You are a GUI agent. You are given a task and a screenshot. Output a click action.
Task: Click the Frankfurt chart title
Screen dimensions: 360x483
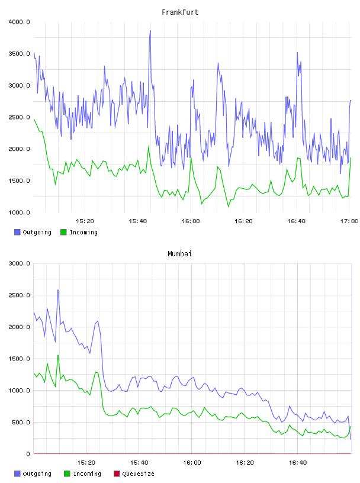click(x=180, y=12)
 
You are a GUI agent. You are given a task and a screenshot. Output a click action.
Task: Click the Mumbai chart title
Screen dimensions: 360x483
click(x=179, y=253)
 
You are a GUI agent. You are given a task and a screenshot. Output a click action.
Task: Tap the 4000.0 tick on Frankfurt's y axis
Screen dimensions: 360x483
click(x=19, y=22)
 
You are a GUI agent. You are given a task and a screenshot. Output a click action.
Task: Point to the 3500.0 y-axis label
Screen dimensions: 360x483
click(x=19, y=54)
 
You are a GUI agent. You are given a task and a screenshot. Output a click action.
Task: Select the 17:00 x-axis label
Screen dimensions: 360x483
click(x=349, y=221)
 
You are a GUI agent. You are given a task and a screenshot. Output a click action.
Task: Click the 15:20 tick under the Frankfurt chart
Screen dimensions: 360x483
click(x=85, y=221)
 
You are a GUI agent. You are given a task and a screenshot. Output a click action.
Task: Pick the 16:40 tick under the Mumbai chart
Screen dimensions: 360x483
click(x=297, y=462)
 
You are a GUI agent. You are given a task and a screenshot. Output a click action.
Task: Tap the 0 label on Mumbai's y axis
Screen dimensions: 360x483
click(x=28, y=454)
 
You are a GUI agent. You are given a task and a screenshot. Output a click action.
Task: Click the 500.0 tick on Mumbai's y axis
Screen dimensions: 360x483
click(x=21, y=422)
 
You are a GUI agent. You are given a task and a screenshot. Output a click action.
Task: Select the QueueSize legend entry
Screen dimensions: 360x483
click(x=134, y=474)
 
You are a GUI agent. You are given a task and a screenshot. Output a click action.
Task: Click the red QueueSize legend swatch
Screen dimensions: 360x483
click(x=117, y=474)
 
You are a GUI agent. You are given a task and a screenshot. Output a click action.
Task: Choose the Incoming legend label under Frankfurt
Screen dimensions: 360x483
click(x=83, y=232)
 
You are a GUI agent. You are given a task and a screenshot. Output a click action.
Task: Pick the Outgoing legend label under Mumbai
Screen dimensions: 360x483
click(x=37, y=474)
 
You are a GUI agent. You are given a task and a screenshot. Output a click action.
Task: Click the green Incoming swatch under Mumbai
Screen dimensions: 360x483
click(x=67, y=474)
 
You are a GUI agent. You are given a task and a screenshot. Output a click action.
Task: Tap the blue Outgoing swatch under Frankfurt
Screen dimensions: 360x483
click(x=17, y=232)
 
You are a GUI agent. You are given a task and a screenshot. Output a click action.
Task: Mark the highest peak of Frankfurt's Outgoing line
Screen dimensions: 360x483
click(x=150, y=31)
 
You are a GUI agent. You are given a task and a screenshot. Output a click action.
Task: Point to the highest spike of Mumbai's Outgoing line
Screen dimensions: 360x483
click(x=57, y=290)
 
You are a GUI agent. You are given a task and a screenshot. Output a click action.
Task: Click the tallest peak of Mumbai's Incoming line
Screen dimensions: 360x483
click(x=57, y=355)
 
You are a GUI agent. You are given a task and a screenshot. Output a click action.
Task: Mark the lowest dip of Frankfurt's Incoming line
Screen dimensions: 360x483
click(x=229, y=207)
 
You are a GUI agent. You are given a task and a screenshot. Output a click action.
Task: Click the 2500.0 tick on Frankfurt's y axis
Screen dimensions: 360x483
click(x=19, y=117)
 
